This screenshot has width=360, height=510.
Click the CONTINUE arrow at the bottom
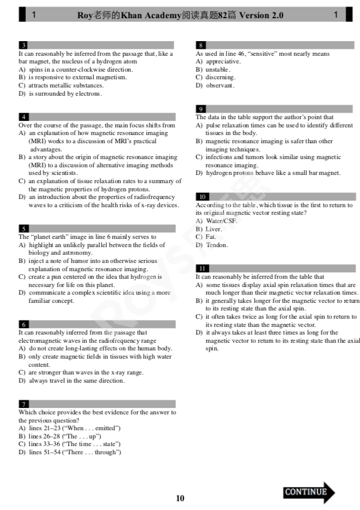pyautogui.click(x=308, y=492)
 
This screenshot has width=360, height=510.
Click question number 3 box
pyautogui.click(x=23, y=45)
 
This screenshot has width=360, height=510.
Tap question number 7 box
pyautogui.click(x=23, y=404)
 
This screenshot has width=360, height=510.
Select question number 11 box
pyautogui.click(x=201, y=269)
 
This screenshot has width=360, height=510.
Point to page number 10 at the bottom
pyautogui.click(x=180, y=498)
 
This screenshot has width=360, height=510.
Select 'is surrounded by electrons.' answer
pyautogui.click(x=64, y=94)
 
